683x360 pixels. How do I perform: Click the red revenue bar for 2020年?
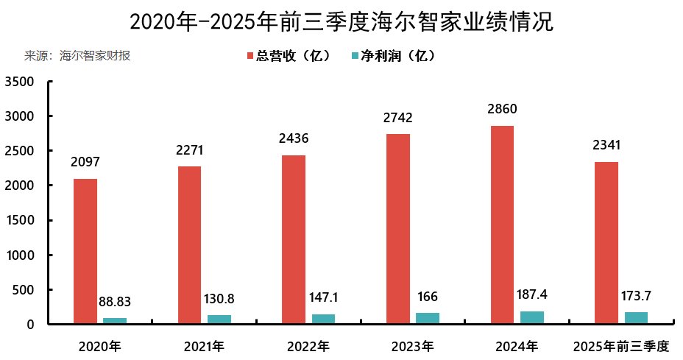pos(85,251)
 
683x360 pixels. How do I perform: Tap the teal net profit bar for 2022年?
pos(323,319)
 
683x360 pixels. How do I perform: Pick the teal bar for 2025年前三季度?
pos(637,318)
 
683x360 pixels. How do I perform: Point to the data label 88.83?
pos(115,302)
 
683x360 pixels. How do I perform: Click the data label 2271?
pos(189,151)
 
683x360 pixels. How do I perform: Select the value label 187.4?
pos(532,294)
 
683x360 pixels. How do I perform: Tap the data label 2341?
pos(606,146)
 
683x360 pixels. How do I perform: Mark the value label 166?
pos(428,297)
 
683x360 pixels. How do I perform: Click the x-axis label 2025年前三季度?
pos(621,345)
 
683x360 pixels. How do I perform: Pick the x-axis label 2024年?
pos(517,345)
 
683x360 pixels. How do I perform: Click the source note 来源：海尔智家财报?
pos(77,56)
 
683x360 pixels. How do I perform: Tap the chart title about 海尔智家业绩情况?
pos(341,21)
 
